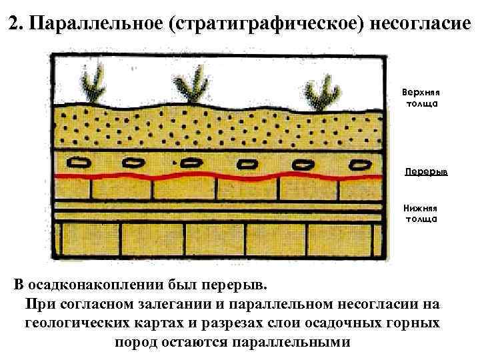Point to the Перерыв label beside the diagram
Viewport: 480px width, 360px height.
(x=426, y=171)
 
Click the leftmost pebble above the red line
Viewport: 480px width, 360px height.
(x=83, y=162)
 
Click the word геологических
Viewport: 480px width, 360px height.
(x=78, y=323)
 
